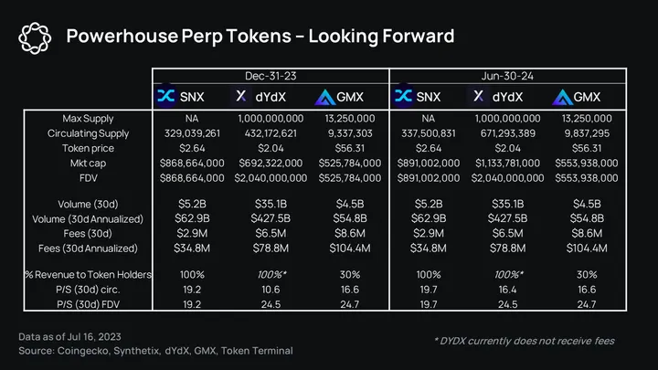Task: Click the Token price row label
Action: coord(88,148)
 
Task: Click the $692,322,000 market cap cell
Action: coord(271,162)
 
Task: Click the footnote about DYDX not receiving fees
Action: coord(525,340)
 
